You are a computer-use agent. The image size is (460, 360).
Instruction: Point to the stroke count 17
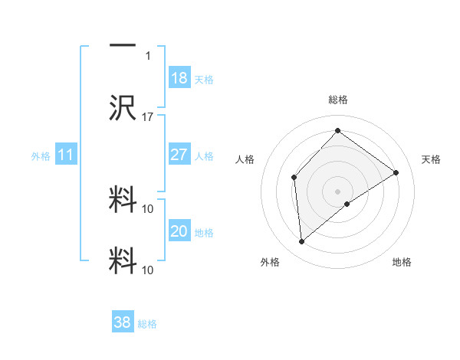(148, 117)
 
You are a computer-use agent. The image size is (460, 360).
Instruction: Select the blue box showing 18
(179, 78)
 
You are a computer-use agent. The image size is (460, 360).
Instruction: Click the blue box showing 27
(179, 155)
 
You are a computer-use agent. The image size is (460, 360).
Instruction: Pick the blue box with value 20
(179, 231)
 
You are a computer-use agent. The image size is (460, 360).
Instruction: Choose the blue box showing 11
(65, 155)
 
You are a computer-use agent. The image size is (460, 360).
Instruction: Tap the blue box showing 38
(123, 322)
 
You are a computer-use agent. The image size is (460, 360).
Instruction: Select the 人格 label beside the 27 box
(204, 156)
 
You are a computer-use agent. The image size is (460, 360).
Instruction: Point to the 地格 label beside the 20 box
(204, 233)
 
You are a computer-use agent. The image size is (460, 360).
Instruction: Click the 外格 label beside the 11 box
(41, 156)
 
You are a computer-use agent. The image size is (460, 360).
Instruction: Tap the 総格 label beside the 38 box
(147, 324)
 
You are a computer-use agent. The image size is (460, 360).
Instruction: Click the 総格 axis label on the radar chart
(337, 100)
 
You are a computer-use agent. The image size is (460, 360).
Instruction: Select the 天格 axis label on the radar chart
(432, 159)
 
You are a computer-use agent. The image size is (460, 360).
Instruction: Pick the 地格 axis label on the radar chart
(402, 262)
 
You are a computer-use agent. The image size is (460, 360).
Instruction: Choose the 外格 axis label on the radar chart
(270, 262)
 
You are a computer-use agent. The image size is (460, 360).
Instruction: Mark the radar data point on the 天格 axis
(396, 172)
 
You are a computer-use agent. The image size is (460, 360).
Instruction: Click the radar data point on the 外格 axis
(302, 242)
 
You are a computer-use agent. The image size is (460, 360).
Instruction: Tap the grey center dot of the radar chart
(337, 191)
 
